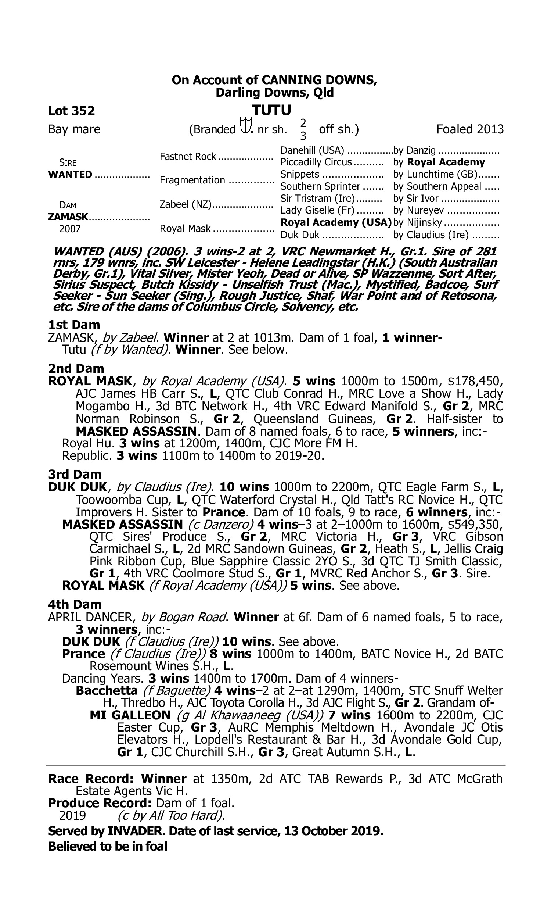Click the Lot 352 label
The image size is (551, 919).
pos(71,111)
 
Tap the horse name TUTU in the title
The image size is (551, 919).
pos(271,110)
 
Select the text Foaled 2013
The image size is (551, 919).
pos(470,129)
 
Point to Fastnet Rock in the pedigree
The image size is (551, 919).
pos(188,157)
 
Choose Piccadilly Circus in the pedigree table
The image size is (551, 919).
pos(316,162)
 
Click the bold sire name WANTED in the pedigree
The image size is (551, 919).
pos(70,175)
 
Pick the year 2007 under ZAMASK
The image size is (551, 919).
pos(70,229)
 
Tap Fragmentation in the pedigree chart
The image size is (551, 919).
pos(192,180)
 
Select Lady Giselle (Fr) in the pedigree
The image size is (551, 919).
pos(317,211)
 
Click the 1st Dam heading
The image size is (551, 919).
pos(74,325)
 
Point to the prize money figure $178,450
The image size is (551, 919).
pos(475,381)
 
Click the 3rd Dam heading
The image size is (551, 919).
pos(75,474)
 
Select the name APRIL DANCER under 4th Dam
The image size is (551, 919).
pos(91,617)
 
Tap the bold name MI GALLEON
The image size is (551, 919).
pos(130,715)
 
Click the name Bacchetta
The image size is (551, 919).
pos(107,691)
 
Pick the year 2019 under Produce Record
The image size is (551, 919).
pos(72,816)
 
